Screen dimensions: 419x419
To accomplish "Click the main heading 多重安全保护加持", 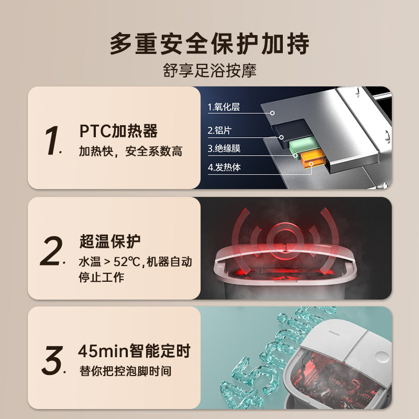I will click(210, 45).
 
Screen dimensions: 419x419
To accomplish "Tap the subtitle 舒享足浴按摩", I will click(210, 71).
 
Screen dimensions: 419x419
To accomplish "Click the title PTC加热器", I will click(118, 130).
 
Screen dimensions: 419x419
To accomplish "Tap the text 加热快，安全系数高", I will click(130, 152).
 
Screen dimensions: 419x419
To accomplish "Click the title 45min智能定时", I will click(134, 350).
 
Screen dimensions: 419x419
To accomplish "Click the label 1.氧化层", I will click(224, 107).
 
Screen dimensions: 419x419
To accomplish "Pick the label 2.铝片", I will click(220, 129).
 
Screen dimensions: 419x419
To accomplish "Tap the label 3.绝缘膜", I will click(224, 149).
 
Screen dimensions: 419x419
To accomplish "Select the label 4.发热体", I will click(224, 168).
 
